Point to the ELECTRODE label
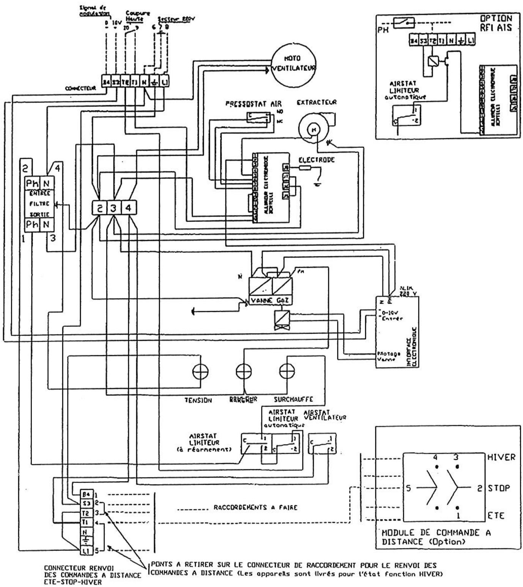(317, 160)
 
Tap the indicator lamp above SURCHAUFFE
(287, 371)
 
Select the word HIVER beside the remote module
(501, 457)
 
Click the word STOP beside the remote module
(499, 488)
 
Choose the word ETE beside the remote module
(496, 516)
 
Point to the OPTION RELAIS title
(496, 23)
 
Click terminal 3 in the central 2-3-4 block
(114, 208)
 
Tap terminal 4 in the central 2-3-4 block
(129, 208)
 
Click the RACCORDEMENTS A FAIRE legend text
(255, 507)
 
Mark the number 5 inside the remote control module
(409, 489)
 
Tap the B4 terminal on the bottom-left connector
(86, 495)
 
